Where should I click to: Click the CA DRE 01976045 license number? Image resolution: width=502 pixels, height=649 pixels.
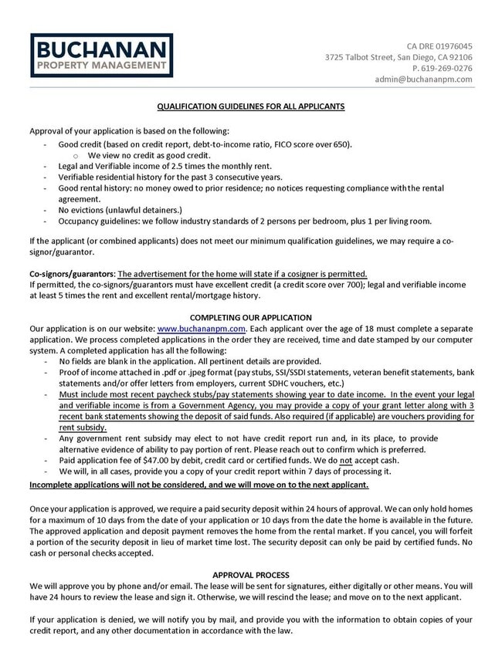[x=439, y=46]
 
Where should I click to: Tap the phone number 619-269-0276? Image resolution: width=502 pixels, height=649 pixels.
[x=444, y=68]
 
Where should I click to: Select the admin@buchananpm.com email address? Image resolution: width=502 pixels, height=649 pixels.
[x=423, y=79]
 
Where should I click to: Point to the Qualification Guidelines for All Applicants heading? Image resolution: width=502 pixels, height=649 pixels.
[x=251, y=106]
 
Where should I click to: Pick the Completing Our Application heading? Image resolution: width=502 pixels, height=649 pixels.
[x=251, y=317]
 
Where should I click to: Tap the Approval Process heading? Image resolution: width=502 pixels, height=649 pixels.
[x=251, y=575]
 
